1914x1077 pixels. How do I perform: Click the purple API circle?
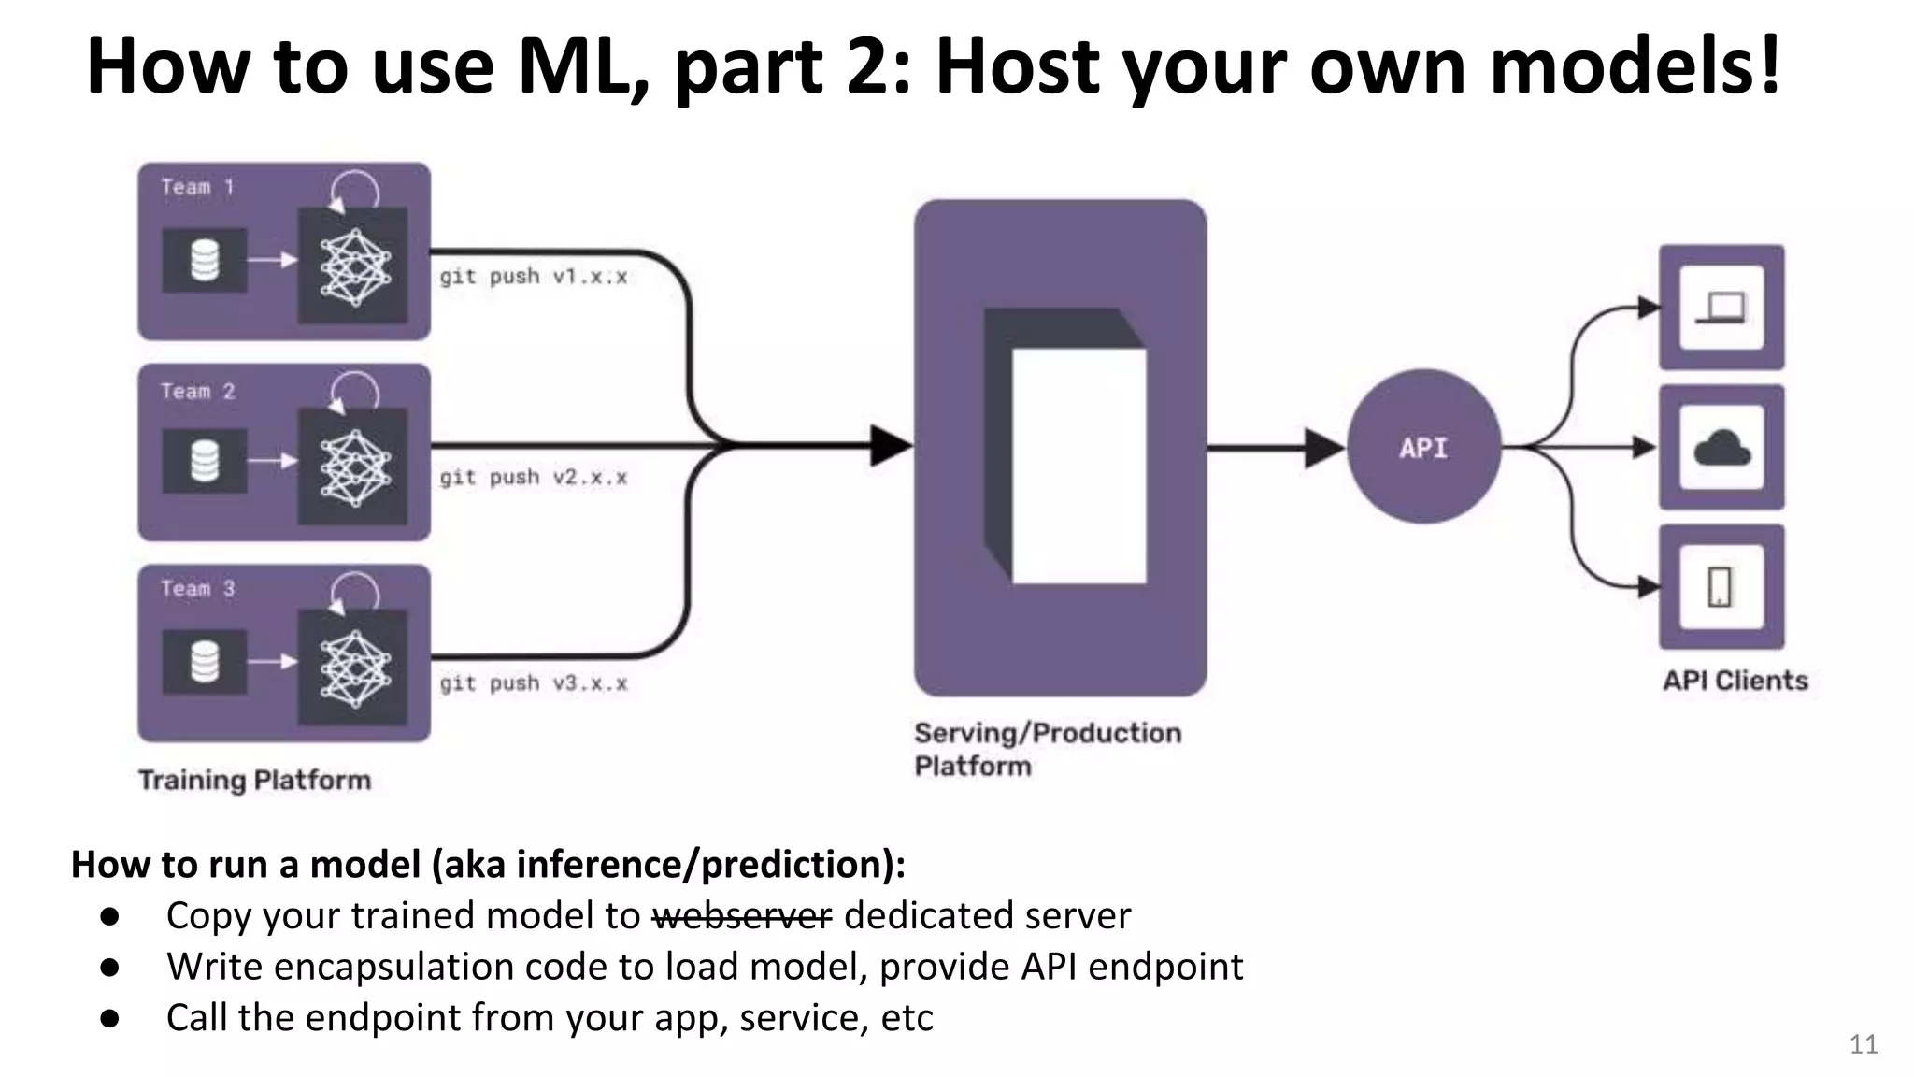tap(1423, 447)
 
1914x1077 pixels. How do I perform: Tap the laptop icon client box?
tap(1721, 308)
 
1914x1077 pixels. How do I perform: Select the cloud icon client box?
tap(1721, 447)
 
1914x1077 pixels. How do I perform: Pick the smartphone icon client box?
tap(1721, 587)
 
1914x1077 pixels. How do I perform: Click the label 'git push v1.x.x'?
tap(534, 277)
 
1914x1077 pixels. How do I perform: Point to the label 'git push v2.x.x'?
tap(534, 478)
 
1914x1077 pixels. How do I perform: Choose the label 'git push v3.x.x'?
tap(534, 683)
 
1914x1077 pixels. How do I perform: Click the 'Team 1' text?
tap(197, 187)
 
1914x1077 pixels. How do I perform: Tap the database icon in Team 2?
tap(205, 461)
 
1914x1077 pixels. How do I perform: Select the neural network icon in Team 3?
tap(353, 667)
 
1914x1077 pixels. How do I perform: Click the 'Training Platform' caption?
tap(254, 780)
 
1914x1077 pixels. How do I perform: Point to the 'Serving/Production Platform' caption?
tap(1047, 749)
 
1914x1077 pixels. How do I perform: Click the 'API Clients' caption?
tap(1735, 681)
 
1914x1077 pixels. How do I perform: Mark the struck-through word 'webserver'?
tap(742, 915)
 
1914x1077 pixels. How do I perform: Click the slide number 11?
tap(1863, 1044)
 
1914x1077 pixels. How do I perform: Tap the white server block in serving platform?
tap(1078, 466)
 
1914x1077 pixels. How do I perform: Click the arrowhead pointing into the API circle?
tap(1323, 448)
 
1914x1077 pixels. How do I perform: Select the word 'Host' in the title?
tap(1018, 67)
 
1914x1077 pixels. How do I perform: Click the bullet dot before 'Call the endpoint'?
tap(110, 1017)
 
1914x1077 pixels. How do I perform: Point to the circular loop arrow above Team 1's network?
tap(355, 190)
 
